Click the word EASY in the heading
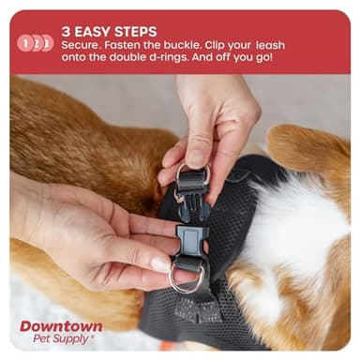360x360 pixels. [x=91, y=31]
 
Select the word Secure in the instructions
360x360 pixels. [x=83, y=46]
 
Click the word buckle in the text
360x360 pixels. [x=194, y=46]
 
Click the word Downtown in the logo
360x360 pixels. [x=62, y=326]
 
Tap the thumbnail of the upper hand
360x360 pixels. [x=196, y=157]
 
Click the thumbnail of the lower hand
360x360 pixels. [x=158, y=264]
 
